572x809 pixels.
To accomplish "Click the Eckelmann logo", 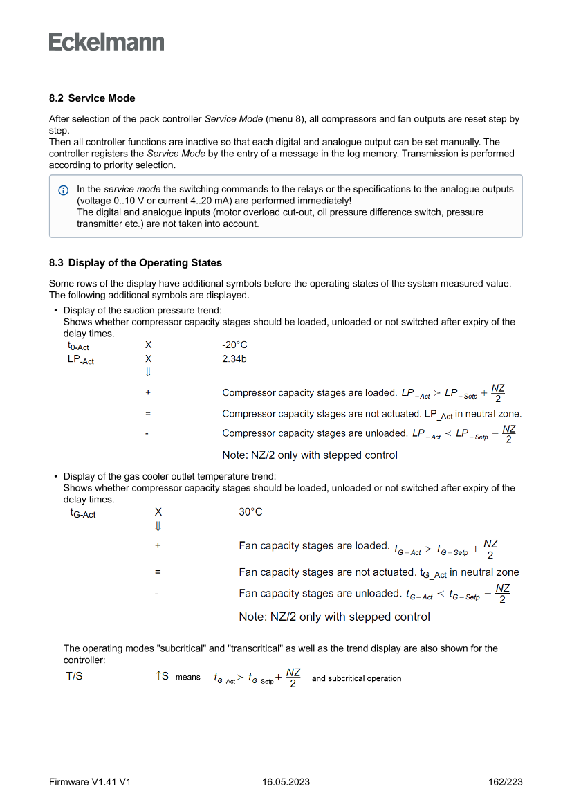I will [107, 42].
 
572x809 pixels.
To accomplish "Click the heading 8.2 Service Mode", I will [92, 98].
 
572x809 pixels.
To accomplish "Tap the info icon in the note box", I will [64, 190].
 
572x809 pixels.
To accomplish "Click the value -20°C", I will [234, 345].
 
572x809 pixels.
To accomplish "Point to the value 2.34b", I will [234, 358].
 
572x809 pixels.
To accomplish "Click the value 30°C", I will [251, 512].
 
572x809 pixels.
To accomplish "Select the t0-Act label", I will [78, 346].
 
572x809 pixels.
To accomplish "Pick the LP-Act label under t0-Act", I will [80, 360].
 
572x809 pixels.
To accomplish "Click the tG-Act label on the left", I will [83, 513].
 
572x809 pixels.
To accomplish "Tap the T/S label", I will [75, 676].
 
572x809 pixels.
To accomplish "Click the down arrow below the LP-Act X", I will [148, 372].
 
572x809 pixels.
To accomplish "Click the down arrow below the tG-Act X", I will [158, 526].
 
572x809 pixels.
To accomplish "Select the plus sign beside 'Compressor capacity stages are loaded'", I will [148, 392].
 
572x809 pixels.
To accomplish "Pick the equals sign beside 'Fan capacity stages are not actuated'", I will [158, 572].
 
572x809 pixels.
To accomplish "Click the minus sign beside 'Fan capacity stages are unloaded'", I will [157, 593].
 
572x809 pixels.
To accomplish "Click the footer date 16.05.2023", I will [286, 782].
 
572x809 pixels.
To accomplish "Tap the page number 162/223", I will [505, 782].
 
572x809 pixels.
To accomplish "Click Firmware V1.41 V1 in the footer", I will [90, 782].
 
